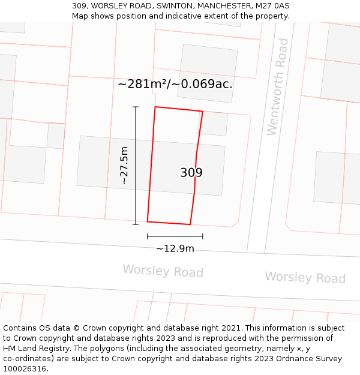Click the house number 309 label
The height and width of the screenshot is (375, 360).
click(x=191, y=173)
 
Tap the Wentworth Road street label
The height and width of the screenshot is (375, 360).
click(x=277, y=87)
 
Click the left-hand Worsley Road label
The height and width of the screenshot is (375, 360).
click(x=163, y=271)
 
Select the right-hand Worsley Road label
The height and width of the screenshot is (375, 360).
click(x=305, y=277)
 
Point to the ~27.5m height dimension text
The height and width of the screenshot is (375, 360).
click(x=124, y=166)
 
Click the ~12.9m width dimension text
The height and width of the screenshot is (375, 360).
click(x=175, y=248)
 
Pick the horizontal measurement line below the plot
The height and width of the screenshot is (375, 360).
click(x=175, y=236)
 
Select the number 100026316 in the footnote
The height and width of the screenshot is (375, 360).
click(x=23, y=368)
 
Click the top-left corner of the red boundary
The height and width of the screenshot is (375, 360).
click(x=155, y=107)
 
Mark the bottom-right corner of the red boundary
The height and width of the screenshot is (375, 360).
click(x=190, y=224)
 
